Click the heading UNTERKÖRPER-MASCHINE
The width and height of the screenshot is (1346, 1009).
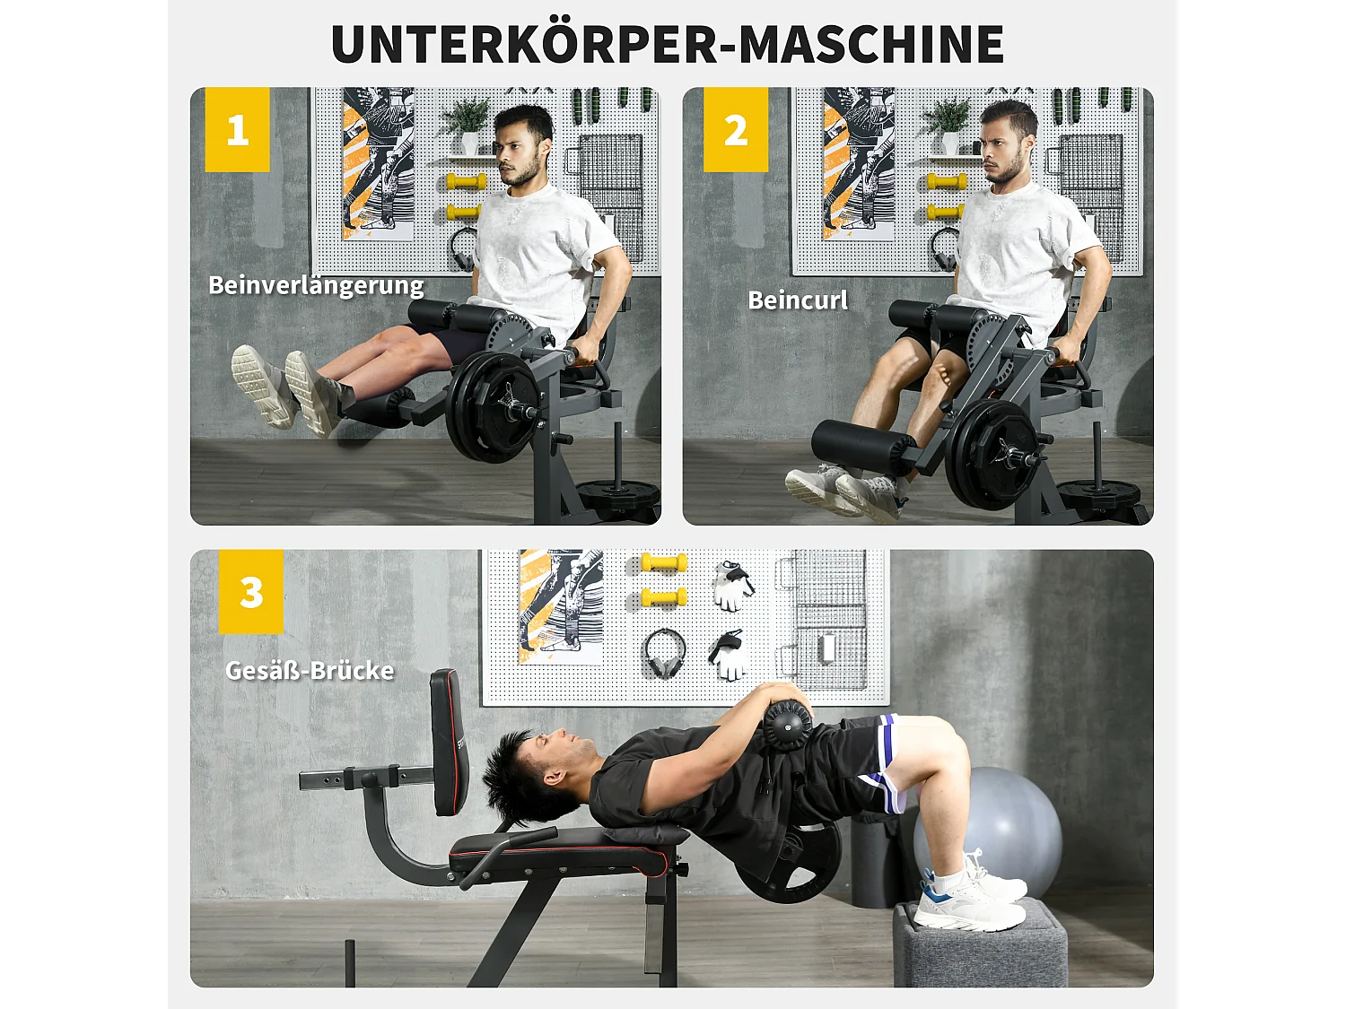(x=667, y=45)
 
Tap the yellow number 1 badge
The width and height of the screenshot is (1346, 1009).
(x=237, y=130)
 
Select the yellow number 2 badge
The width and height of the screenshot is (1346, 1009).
(x=736, y=130)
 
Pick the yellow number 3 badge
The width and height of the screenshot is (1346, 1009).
(x=251, y=592)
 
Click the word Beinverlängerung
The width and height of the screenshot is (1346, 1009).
(x=316, y=285)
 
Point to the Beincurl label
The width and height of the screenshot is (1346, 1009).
(x=798, y=300)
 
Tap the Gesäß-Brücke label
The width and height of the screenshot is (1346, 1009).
(x=310, y=671)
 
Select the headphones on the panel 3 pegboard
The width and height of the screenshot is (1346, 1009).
(x=664, y=654)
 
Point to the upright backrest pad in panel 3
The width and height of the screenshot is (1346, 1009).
(x=449, y=743)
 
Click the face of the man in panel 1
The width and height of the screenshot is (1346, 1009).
(x=520, y=152)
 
